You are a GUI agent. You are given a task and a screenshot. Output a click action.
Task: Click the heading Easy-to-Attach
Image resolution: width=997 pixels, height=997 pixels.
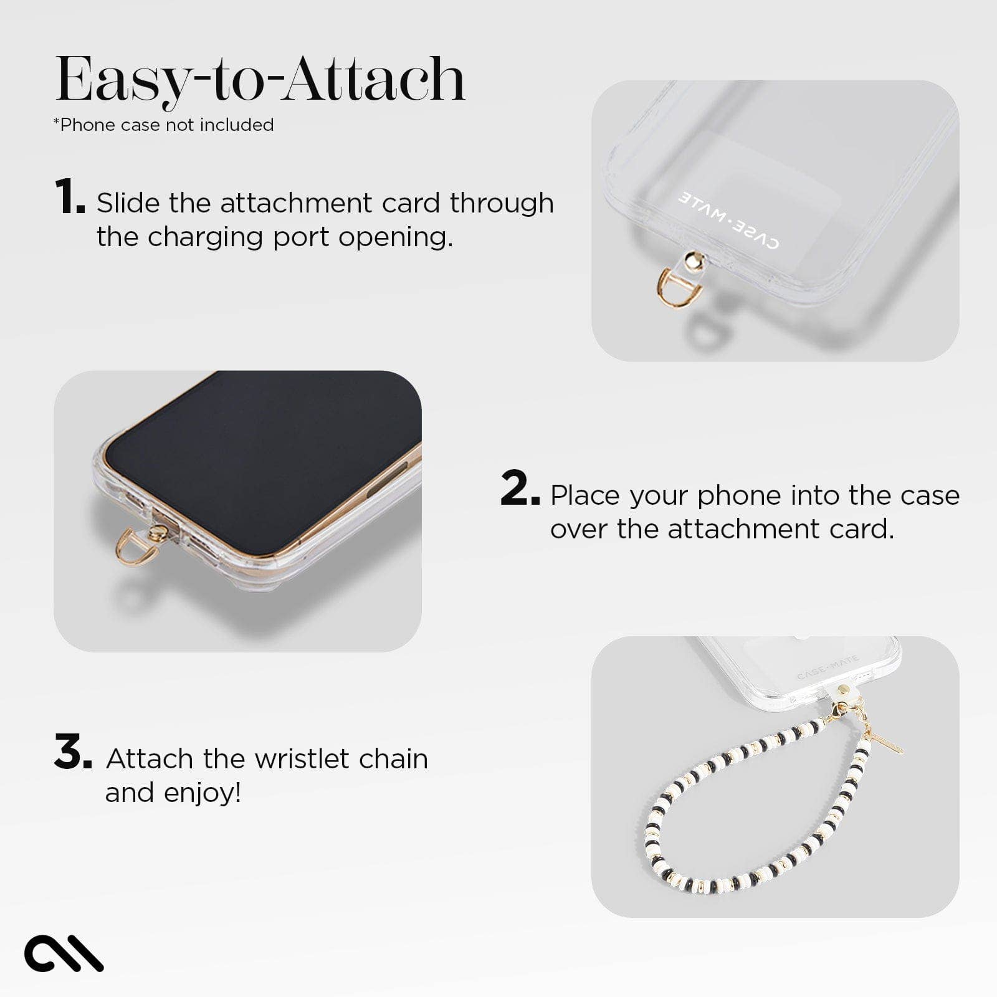coord(260,80)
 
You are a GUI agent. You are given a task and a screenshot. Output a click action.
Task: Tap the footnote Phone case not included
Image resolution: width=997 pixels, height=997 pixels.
coord(164,125)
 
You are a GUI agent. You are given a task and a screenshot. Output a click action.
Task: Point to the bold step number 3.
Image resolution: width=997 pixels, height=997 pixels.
coord(72,752)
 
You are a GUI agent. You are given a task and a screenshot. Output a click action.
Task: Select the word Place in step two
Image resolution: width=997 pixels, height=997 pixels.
coord(586,495)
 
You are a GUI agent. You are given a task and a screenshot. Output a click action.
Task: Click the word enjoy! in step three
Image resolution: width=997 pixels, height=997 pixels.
coord(203,793)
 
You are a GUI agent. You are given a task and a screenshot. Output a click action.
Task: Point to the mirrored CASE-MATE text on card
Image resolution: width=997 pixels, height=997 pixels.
coord(728,221)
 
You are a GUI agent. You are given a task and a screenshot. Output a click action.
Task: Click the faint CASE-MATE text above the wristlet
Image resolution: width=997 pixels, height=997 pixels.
coord(828,667)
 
